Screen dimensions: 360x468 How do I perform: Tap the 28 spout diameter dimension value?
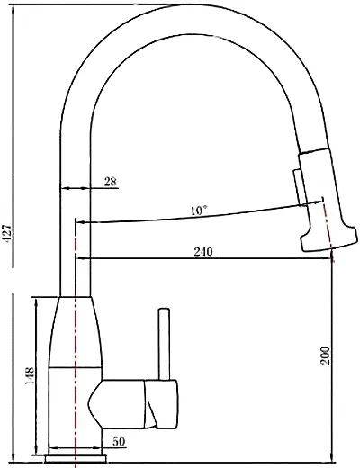pos(111,182)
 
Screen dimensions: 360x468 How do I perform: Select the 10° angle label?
pos(199,211)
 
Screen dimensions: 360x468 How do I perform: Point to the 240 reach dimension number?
pos(203,251)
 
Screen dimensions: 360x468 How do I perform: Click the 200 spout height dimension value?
pos(325,355)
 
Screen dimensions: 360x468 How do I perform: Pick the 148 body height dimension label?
pos(30,376)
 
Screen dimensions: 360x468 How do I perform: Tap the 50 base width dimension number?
pos(119,441)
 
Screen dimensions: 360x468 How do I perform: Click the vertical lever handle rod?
pos(164,344)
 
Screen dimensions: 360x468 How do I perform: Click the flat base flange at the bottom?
pos(76,459)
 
